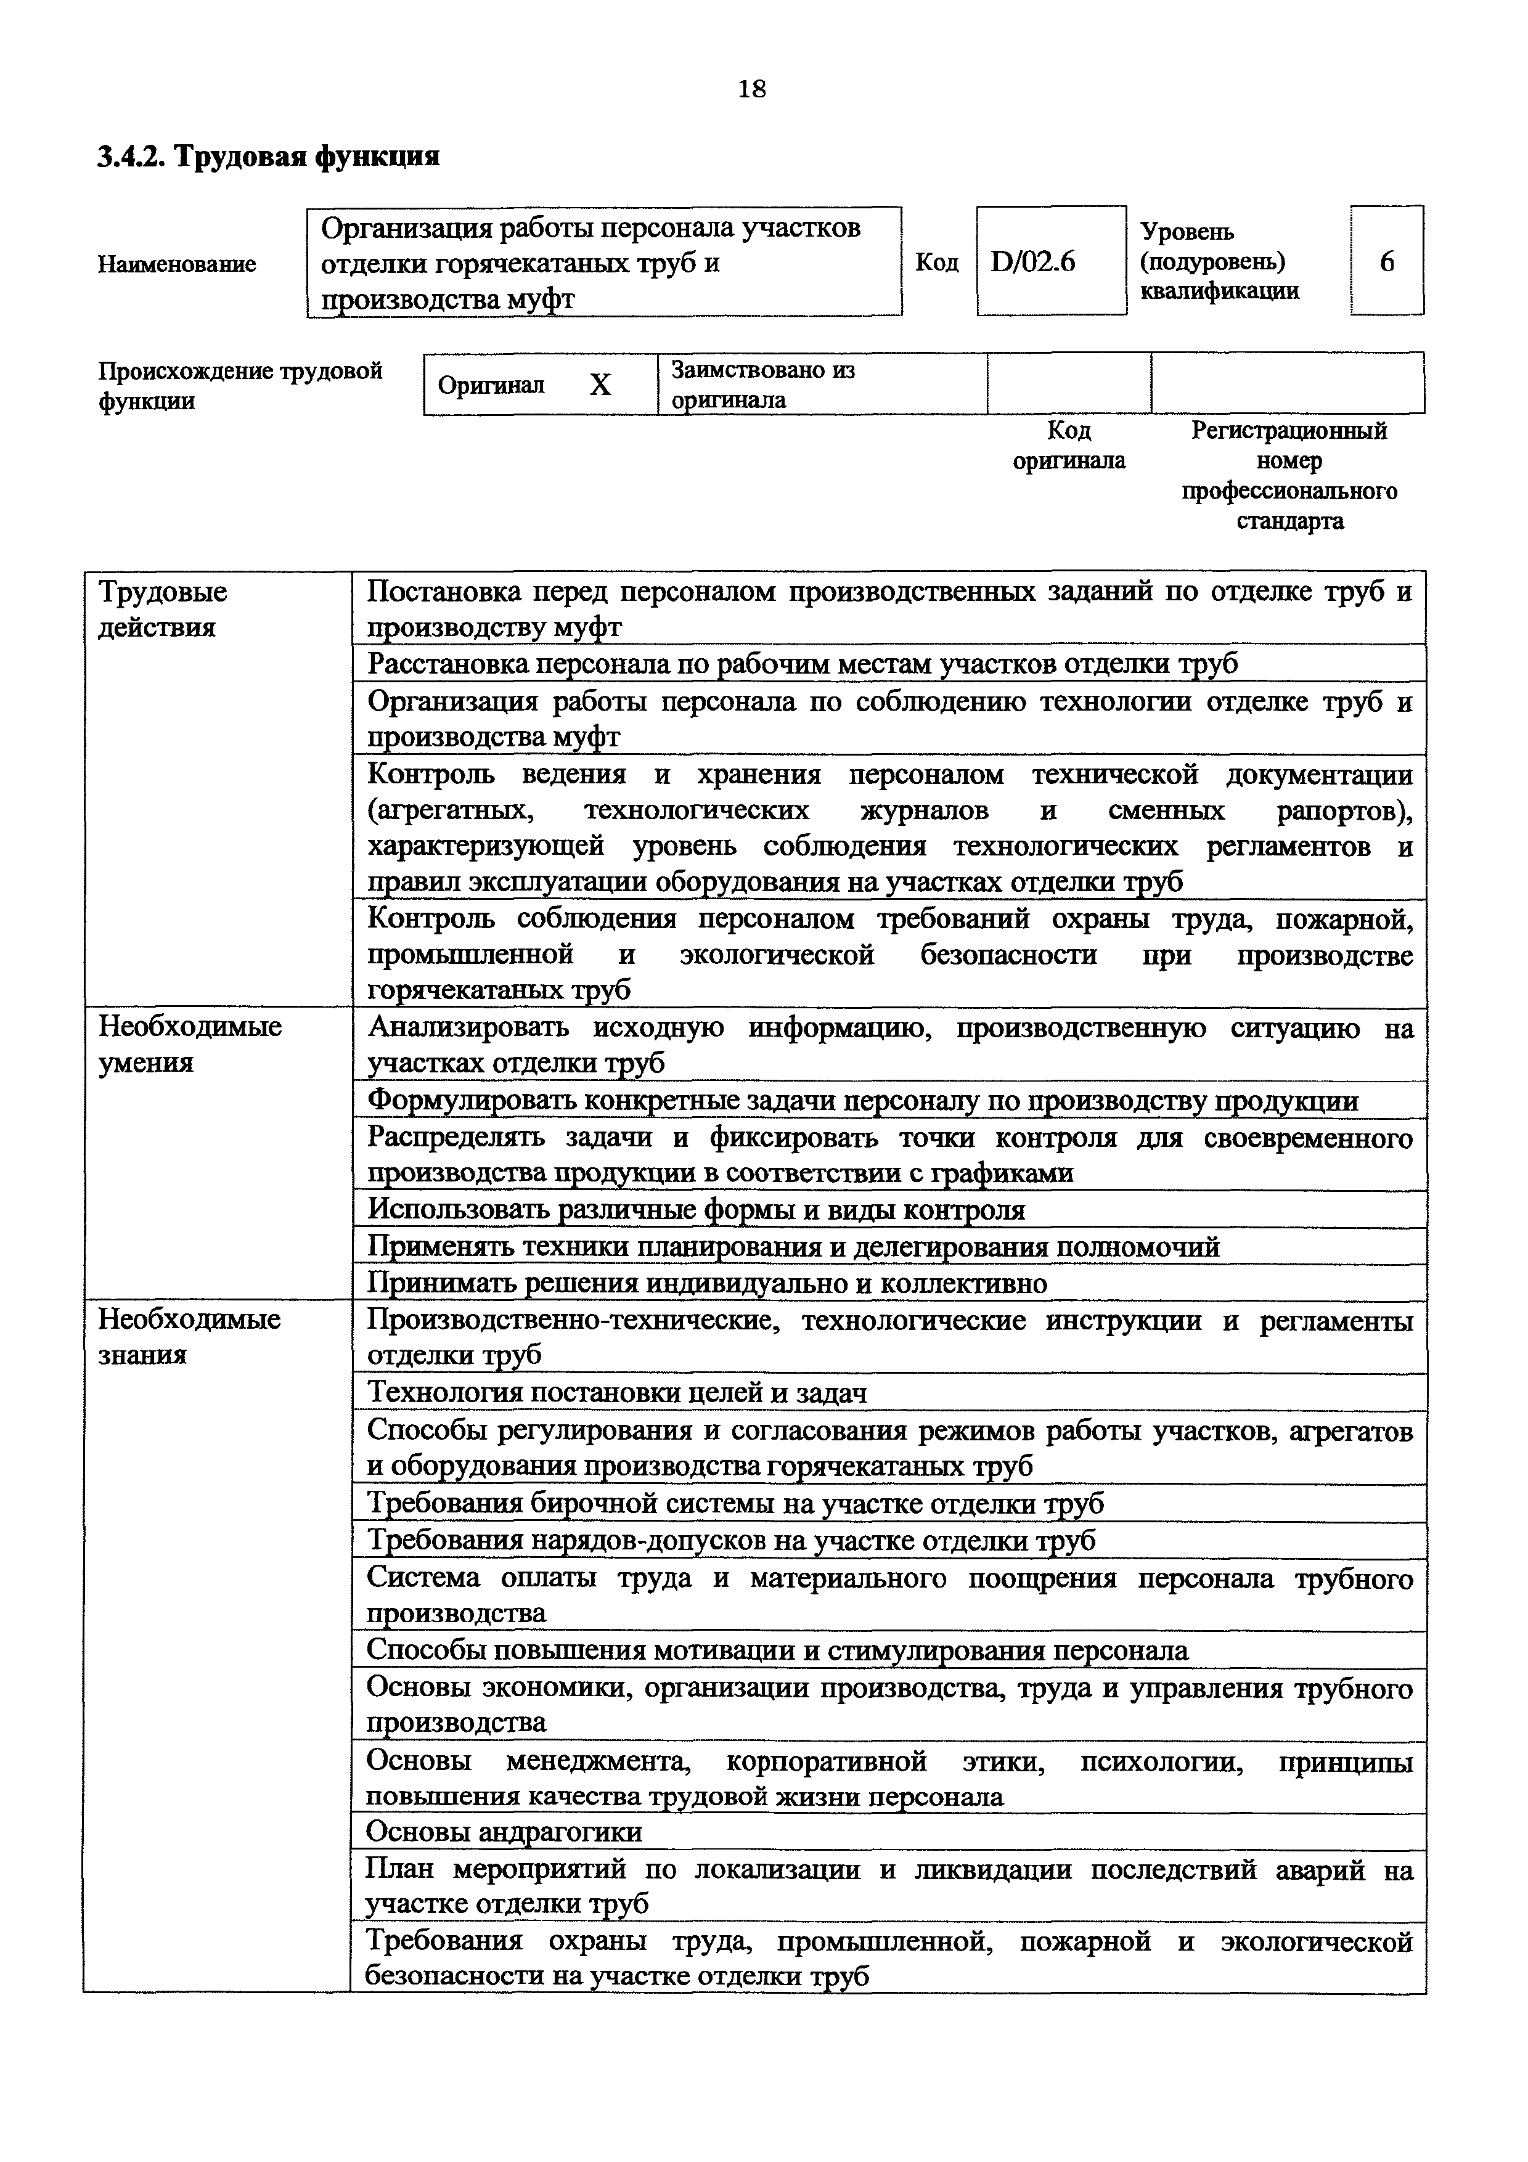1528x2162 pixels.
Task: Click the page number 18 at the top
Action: [x=752, y=89]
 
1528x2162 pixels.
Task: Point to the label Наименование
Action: [x=177, y=264]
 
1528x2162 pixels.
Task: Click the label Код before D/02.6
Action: [x=937, y=263]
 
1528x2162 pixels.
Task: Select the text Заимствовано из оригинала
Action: [x=762, y=384]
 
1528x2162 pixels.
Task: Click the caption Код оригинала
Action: [x=1069, y=446]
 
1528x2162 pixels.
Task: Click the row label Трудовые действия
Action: [x=163, y=610]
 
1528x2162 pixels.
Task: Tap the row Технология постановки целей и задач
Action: [x=616, y=1392]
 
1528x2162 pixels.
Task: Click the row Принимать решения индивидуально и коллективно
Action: [x=706, y=1283]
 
